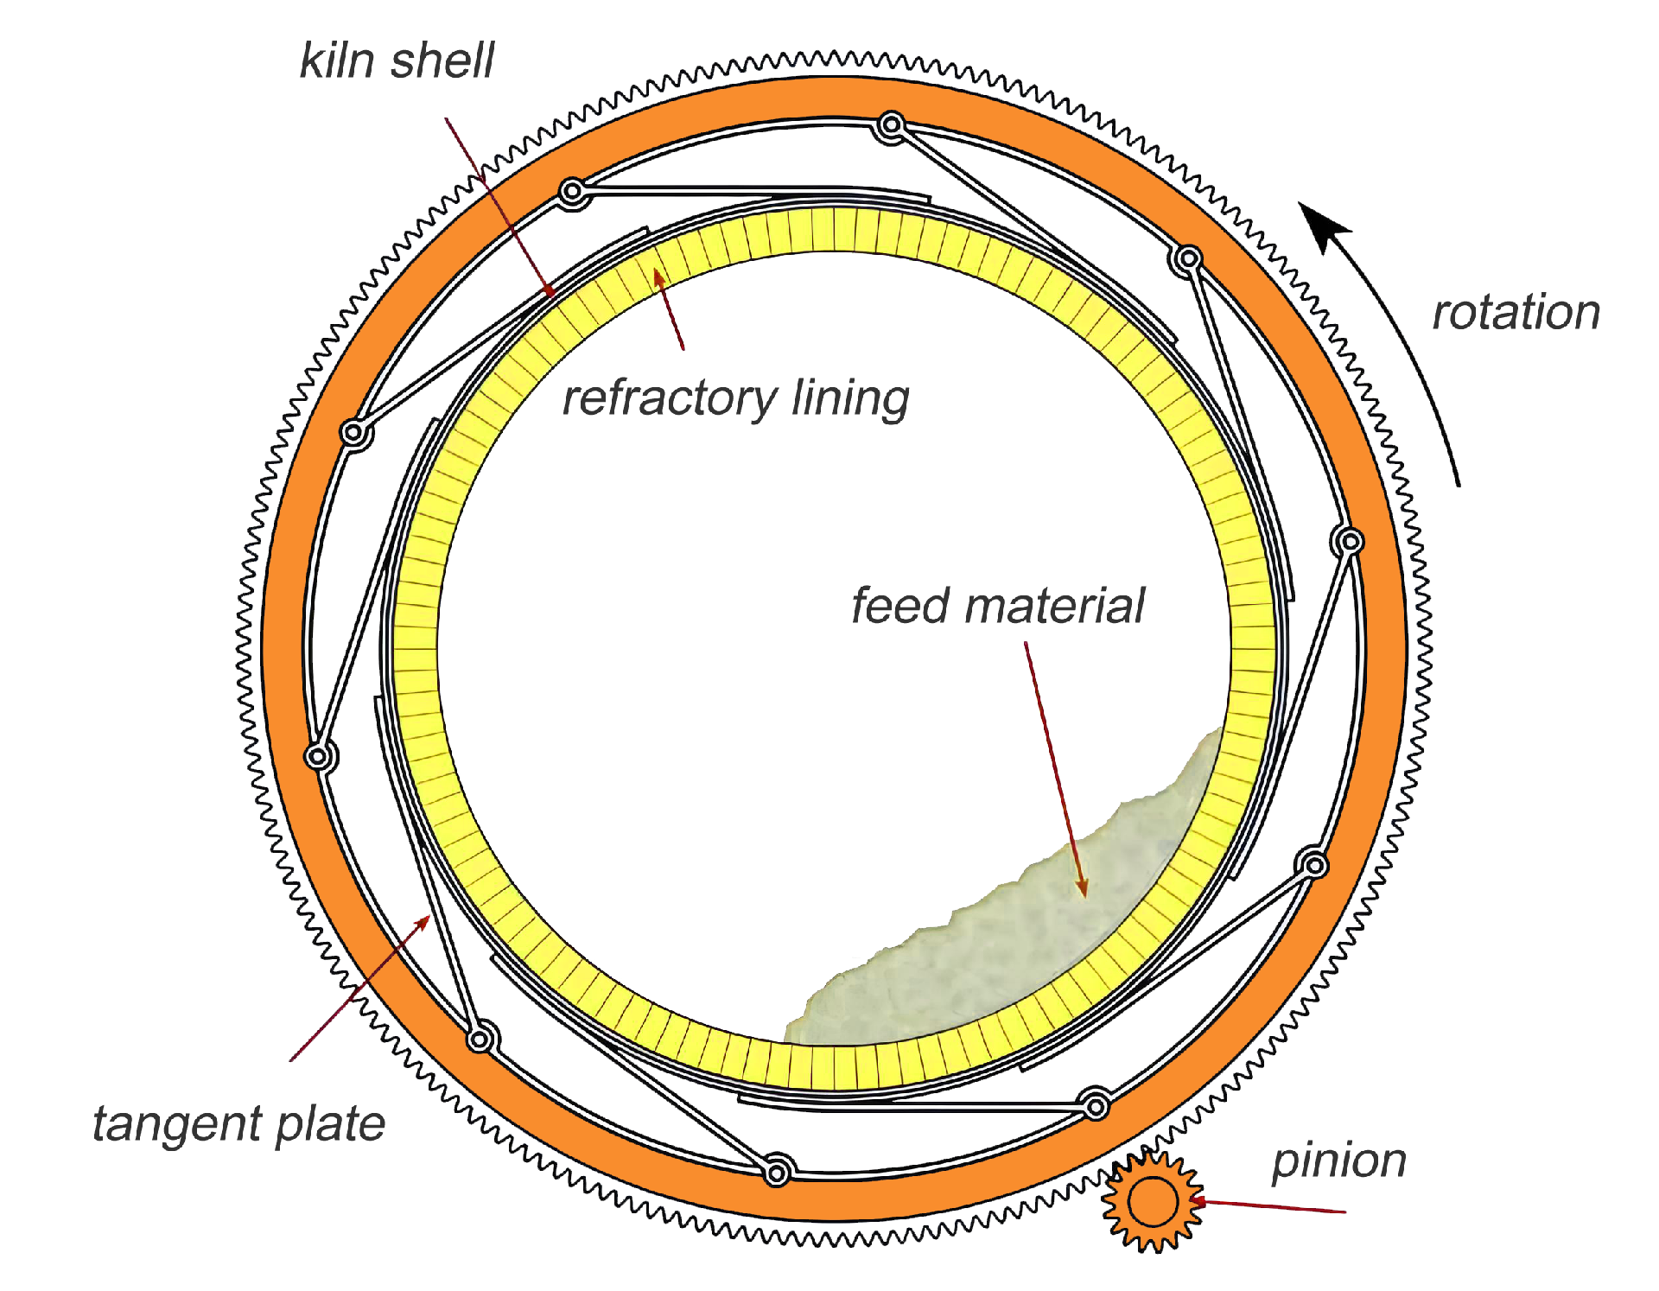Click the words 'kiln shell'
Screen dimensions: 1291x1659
397,61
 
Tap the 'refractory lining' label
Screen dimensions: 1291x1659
735,398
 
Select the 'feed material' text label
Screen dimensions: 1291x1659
997,605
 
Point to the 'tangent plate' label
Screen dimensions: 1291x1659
238,1124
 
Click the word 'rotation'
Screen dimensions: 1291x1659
1516,312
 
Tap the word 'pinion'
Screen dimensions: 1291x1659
1338,1161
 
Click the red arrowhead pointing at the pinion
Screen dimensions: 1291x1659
1198,1201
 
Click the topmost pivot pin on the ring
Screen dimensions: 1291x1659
891,127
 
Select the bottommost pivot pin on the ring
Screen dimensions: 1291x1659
777,1173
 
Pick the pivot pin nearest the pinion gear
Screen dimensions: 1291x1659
1096,1105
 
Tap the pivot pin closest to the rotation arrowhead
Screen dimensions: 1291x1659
1189,258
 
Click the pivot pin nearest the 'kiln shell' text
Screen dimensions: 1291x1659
572,192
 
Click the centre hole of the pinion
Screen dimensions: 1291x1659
1153,1202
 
